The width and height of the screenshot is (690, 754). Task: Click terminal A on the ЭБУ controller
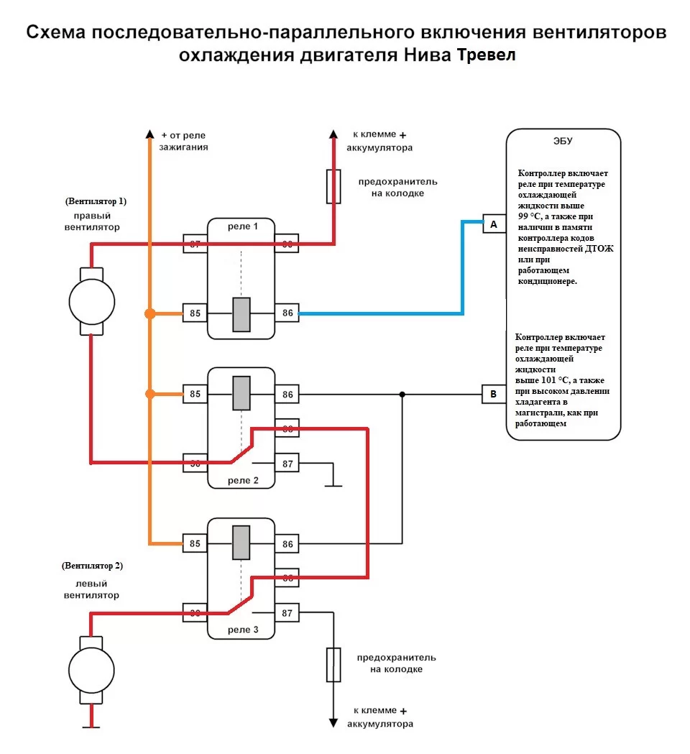[493, 224]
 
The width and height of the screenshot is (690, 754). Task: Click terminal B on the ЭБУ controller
[493, 394]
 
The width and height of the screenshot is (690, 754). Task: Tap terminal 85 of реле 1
[194, 313]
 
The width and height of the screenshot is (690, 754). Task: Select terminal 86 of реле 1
[287, 313]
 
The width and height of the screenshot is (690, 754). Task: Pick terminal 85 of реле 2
[194, 394]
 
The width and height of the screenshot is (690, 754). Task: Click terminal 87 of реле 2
[287, 464]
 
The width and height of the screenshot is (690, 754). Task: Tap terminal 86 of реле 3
[287, 544]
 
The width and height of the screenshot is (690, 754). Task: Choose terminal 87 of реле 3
[287, 613]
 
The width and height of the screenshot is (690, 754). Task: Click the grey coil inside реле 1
[241, 314]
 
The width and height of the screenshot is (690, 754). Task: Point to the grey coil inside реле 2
[241, 393]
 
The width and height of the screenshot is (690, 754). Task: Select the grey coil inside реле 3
[241, 543]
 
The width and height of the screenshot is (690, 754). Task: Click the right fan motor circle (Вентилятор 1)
[91, 301]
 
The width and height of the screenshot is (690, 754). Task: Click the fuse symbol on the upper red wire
[333, 186]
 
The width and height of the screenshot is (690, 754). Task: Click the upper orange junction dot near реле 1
[149, 313]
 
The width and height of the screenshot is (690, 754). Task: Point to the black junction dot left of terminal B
[402, 394]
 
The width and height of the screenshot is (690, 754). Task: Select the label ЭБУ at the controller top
[563, 141]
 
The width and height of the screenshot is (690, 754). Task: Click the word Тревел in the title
[486, 56]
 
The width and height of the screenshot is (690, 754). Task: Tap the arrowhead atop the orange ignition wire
[149, 134]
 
